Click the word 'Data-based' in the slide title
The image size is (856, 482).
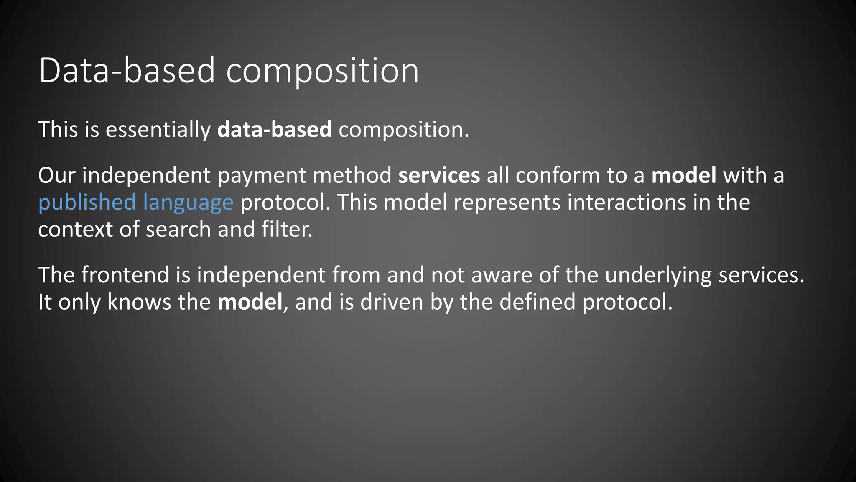pyautogui.click(x=127, y=71)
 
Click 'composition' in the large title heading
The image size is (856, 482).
pyautogui.click(x=322, y=71)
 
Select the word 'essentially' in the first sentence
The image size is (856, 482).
pyautogui.click(x=158, y=129)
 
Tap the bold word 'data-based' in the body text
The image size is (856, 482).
pyautogui.click(x=274, y=129)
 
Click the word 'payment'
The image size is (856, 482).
pyautogui.click(x=262, y=175)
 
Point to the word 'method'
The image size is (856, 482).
pyautogui.click(x=352, y=175)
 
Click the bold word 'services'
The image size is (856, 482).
pyautogui.click(x=439, y=175)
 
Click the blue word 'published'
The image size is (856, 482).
pyautogui.click(x=87, y=203)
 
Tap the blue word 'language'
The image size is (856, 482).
pyautogui.click(x=188, y=203)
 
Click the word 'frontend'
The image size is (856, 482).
pyautogui.click(x=125, y=275)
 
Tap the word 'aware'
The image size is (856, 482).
pyautogui.click(x=502, y=275)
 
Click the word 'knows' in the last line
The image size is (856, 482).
pyautogui.click(x=139, y=302)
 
